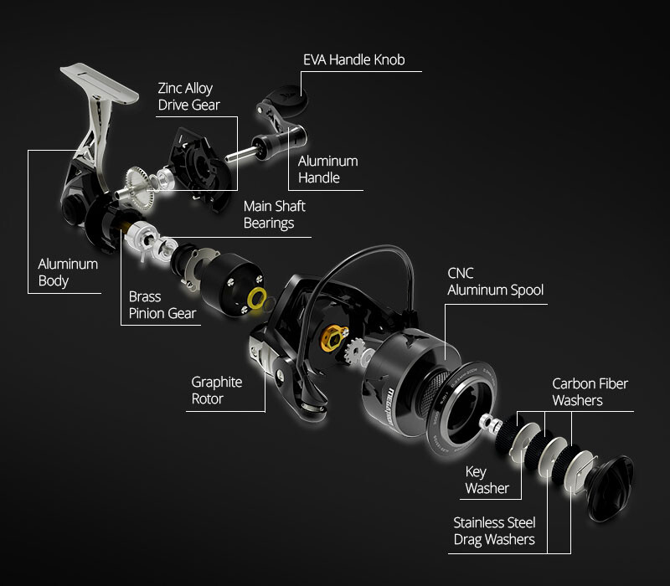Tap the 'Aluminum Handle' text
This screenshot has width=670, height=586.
point(328,169)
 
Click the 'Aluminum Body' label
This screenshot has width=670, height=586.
point(68,272)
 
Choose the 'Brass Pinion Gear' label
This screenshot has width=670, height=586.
point(162,305)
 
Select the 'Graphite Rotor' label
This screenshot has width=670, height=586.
point(217,390)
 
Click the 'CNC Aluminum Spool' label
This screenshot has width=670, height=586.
point(495,282)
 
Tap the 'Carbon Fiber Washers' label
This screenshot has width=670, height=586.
point(590,392)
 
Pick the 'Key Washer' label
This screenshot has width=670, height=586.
point(487,480)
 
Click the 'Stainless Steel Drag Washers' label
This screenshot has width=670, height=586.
point(494,531)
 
